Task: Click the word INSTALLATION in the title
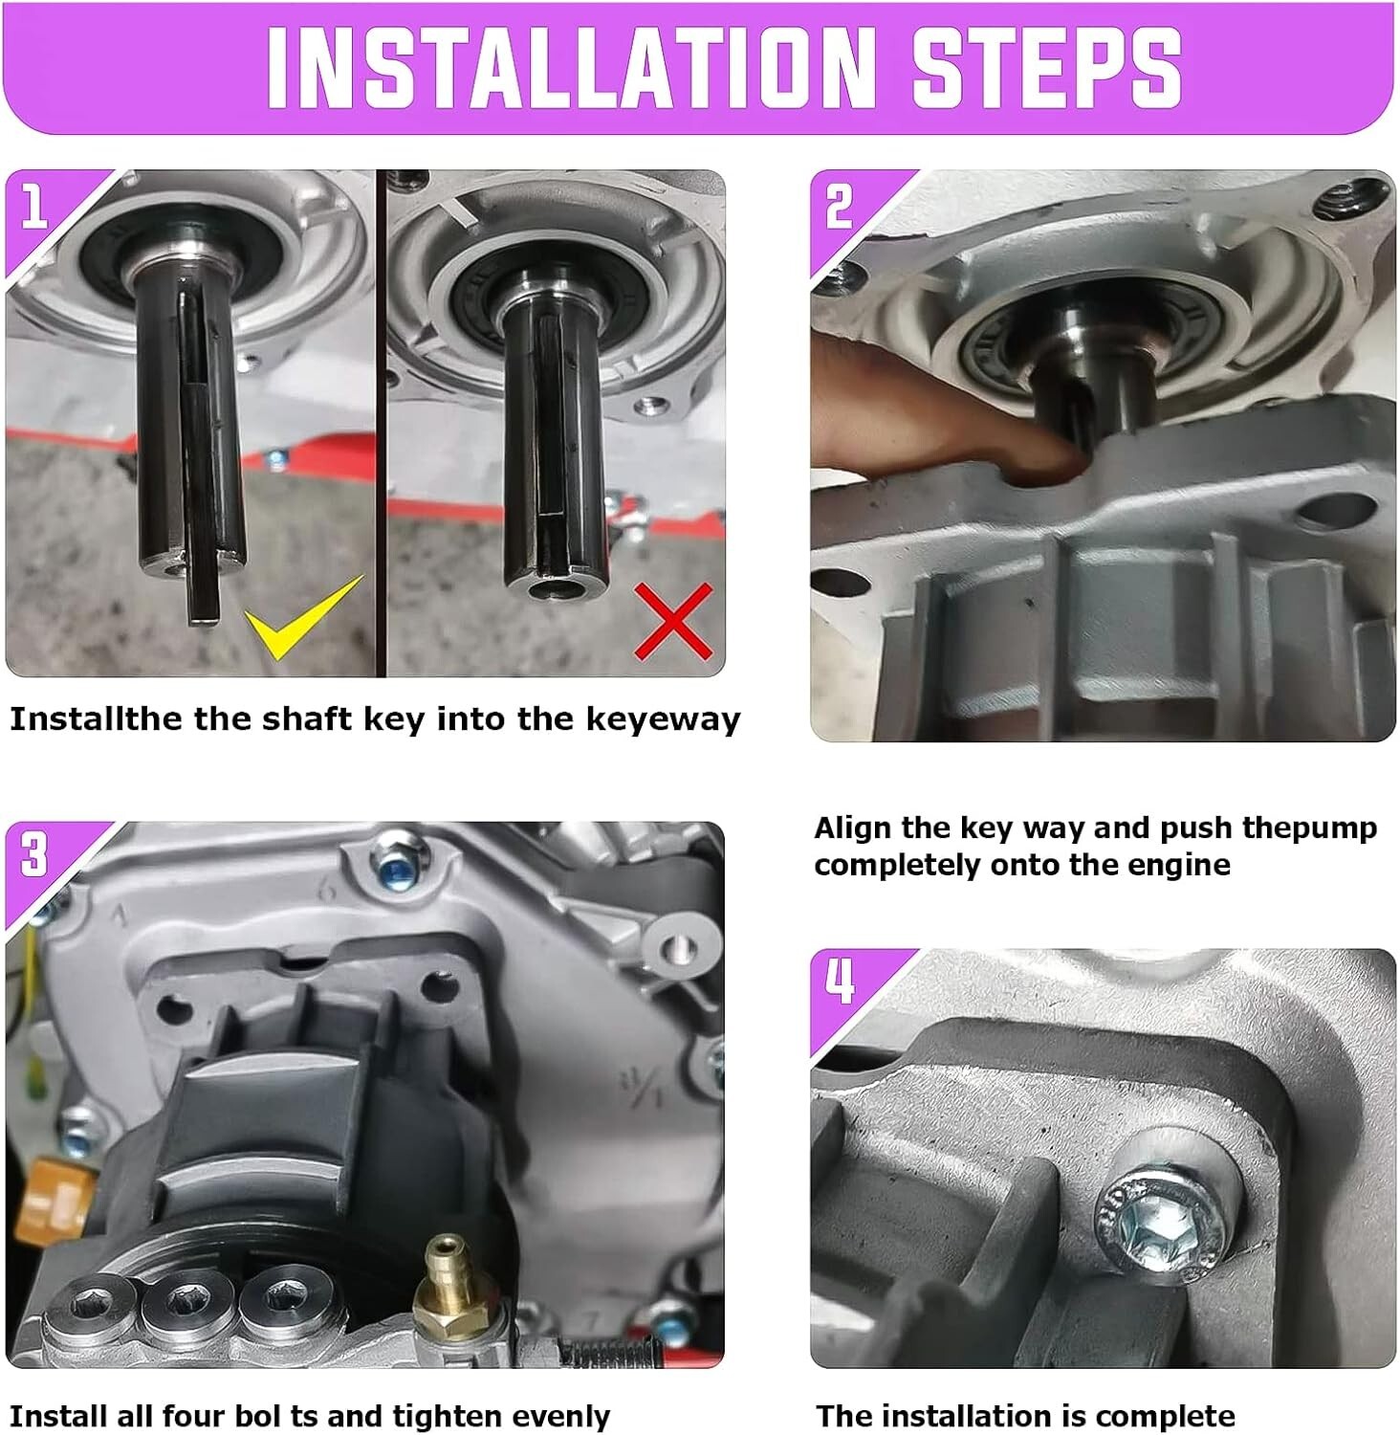click(571, 67)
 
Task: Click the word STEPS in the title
click(1047, 67)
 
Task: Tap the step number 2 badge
click(839, 206)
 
